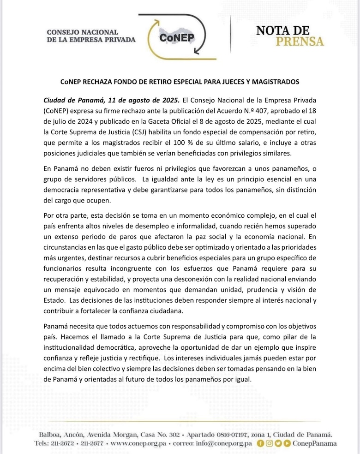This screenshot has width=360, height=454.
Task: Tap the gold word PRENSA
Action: (300, 42)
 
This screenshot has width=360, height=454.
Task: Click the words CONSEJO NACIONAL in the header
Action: (82, 32)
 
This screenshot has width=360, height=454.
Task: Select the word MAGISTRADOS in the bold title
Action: (273, 82)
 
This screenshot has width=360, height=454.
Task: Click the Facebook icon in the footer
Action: (260, 443)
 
